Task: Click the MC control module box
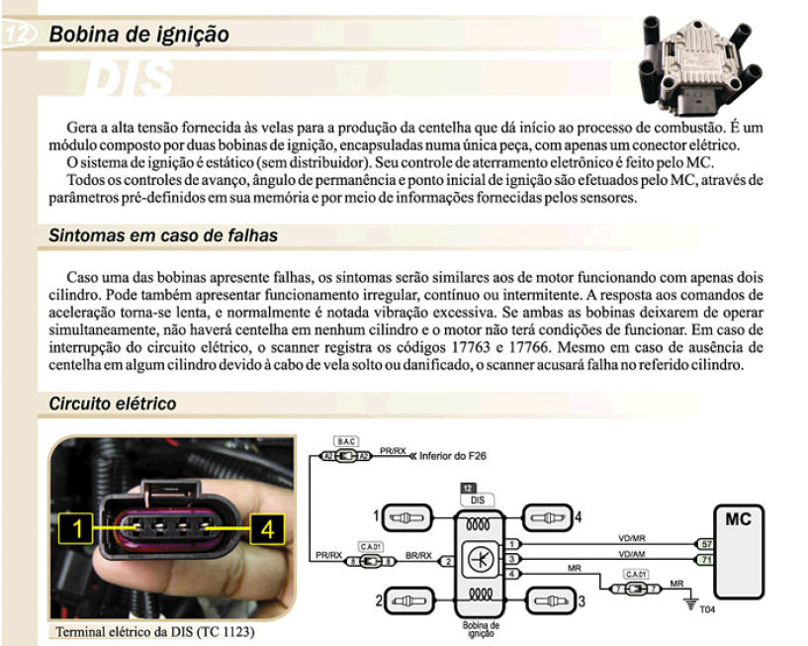tap(739, 552)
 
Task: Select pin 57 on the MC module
tap(705, 544)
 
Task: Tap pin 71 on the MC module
tap(705, 559)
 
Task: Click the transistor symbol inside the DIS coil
tap(481, 559)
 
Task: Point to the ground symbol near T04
tap(691, 603)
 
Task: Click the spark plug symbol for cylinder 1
tap(406, 517)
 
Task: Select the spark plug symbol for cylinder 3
tap(550, 601)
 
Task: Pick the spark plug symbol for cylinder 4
tap(547, 517)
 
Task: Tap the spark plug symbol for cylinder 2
tap(410, 601)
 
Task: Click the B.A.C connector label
tap(346, 442)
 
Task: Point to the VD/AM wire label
tap(632, 554)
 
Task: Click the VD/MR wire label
tap(632, 538)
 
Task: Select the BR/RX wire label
tap(418, 556)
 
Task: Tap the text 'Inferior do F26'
tap(452, 456)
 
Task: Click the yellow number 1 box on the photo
tap(76, 528)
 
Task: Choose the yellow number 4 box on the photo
tap(267, 528)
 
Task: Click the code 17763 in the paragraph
tap(471, 347)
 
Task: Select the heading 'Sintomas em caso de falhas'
tap(163, 235)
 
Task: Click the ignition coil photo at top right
tap(700, 64)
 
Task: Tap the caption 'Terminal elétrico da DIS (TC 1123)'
tap(155, 631)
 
